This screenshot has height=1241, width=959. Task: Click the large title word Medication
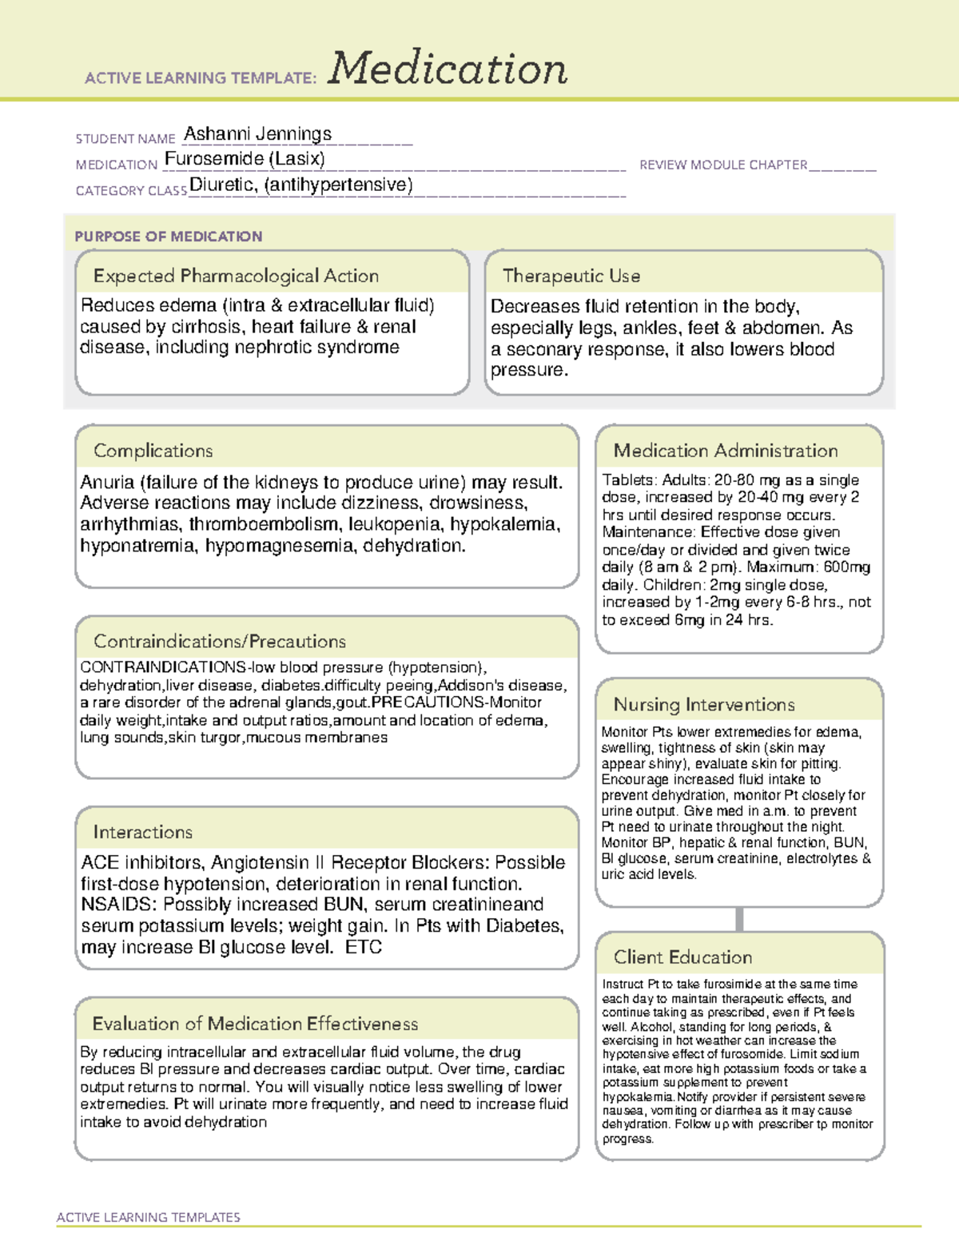pos(448,69)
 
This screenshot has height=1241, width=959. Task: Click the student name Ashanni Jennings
pos(257,133)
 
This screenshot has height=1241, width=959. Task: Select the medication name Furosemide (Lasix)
pos(245,159)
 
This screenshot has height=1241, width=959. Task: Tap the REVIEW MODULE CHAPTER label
pos(723,165)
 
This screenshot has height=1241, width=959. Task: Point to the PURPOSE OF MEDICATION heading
pos(169,237)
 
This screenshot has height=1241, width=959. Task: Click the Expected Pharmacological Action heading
pos(236,276)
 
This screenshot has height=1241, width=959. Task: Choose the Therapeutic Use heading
pos(571,276)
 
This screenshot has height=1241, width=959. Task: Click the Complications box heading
pos(153,451)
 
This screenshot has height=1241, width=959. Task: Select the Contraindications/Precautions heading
pos(220,642)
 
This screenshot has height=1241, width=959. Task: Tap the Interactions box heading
pos(143,833)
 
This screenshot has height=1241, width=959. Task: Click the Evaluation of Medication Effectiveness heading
pos(255,1024)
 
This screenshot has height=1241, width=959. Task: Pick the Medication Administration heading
pos(726,451)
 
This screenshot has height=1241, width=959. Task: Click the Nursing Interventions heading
pos(704,705)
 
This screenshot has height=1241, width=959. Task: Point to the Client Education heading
pos(682,957)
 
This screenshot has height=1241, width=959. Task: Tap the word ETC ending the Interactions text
pos(364,948)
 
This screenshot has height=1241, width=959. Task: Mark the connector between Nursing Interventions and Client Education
pos(739,919)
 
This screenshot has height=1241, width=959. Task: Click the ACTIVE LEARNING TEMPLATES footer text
pos(149,1217)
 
